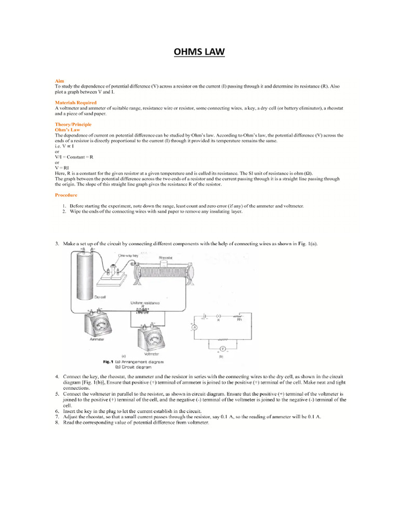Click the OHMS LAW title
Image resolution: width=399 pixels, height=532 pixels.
coord(199,53)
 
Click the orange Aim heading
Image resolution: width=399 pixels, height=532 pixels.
coord(59,81)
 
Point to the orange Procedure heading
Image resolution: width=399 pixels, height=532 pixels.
coord(66,195)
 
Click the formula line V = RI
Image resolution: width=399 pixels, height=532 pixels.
coord(62,168)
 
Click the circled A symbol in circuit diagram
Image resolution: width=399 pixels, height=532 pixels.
coord(194,328)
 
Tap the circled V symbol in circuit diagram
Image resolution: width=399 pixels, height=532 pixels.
coord(222,349)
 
